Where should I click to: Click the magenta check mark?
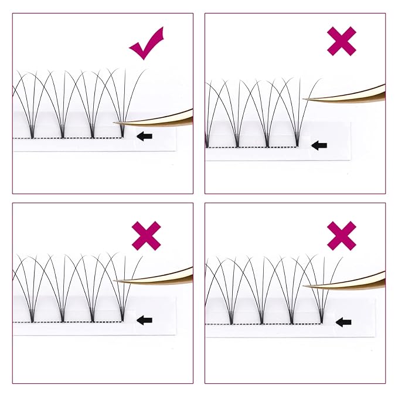pyautogui.click(x=147, y=45)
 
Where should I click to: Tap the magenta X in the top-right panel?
pyautogui.click(x=342, y=42)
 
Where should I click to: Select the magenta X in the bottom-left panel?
pyautogui.click(x=147, y=236)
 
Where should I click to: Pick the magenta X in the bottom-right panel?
pyautogui.click(x=342, y=236)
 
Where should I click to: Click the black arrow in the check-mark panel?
pyautogui.click(x=144, y=136)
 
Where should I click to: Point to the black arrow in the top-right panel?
pyautogui.click(x=319, y=145)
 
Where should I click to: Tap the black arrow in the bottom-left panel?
pyautogui.click(x=144, y=320)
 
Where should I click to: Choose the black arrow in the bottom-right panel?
pyautogui.click(x=343, y=322)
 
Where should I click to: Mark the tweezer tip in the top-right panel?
pyautogui.click(x=305, y=100)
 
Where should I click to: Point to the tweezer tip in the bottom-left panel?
pyautogui.click(x=114, y=281)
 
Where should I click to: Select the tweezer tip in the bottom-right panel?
pyautogui.click(x=304, y=287)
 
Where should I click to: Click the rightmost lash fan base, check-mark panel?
pyautogui.click(x=122, y=135)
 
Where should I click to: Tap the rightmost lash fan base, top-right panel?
pyautogui.click(x=298, y=144)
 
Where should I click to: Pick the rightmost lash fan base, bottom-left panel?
pyautogui.click(x=123, y=319)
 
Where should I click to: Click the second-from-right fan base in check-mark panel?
pyautogui.click(x=91, y=135)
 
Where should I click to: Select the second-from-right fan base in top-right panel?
pyautogui.click(x=267, y=144)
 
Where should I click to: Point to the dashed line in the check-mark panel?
pyautogui.click(x=70, y=138)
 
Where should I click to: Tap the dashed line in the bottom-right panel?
pyautogui.click(x=275, y=324)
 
